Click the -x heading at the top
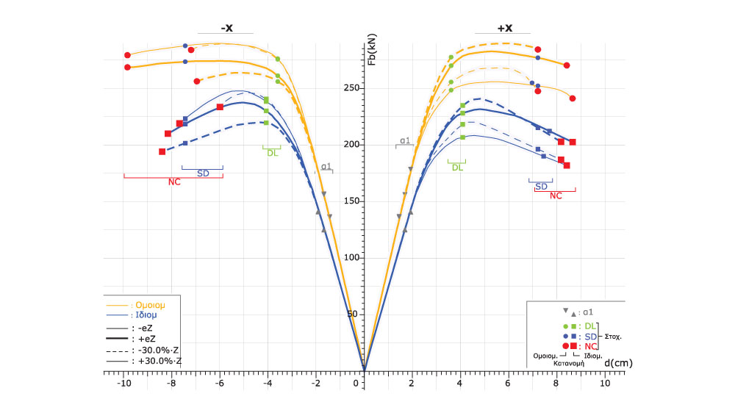[227, 28]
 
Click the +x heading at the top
[505, 28]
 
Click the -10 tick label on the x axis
[124, 384]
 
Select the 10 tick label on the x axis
[604, 384]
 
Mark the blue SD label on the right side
[541, 186]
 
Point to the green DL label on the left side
[272, 153]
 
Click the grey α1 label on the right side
[405, 140]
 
